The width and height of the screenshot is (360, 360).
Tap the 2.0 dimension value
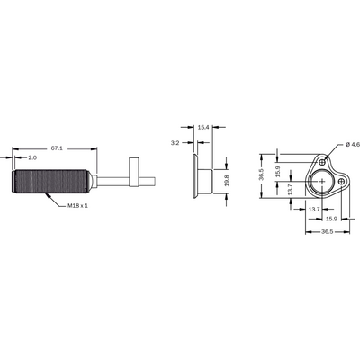pyautogui.click(x=32, y=157)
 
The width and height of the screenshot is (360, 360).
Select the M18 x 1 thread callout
pyautogui.click(x=78, y=206)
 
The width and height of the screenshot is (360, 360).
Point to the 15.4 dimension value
pyautogui.click(x=203, y=127)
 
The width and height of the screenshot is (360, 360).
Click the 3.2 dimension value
pyautogui.click(x=175, y=143)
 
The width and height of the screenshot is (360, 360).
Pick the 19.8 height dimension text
pyautogui.click(x=227, y=181)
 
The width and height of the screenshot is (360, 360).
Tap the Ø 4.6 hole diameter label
pyautogui.click(x=353, y=145)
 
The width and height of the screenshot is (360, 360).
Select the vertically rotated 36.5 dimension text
pyautogui.click(x=261, y=175)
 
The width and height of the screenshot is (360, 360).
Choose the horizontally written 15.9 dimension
pyautogui.click(x=332, y=219)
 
